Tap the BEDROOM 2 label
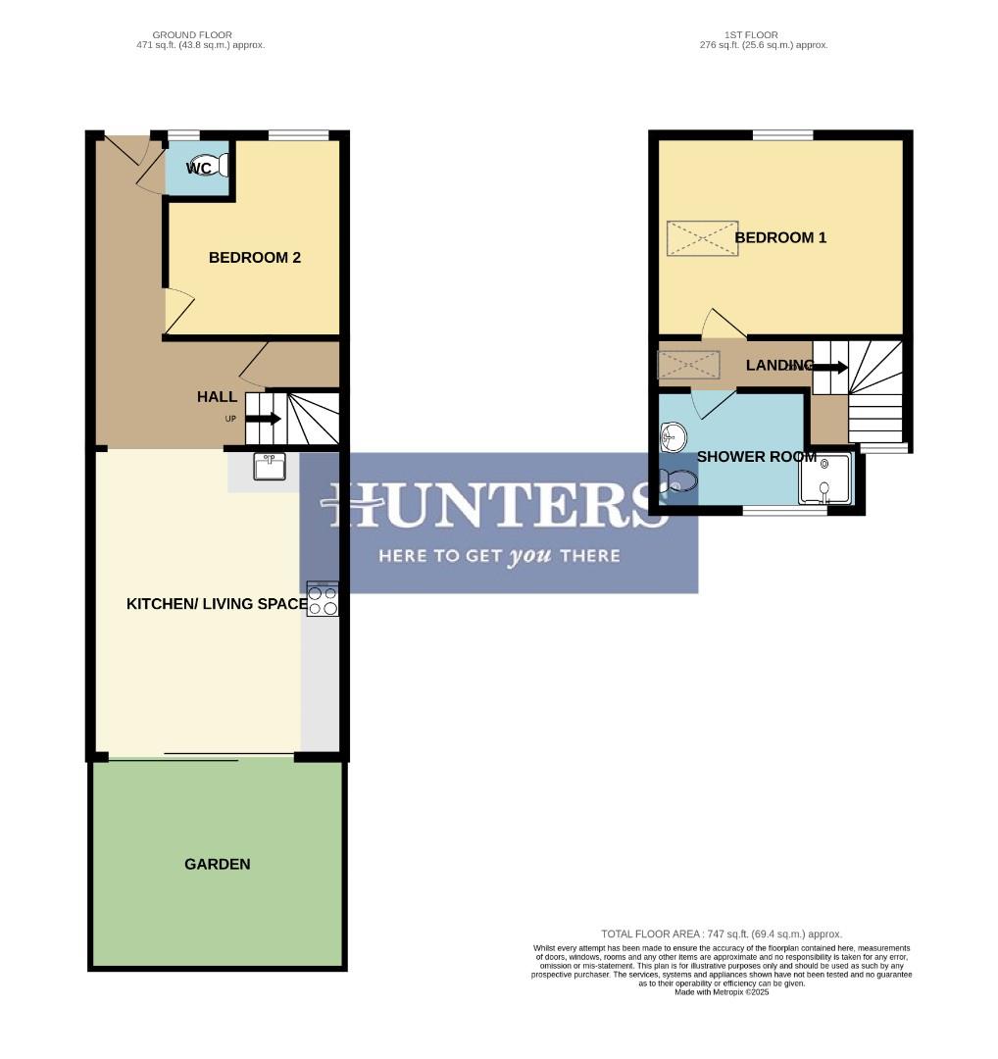[254, 258]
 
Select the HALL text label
[217, 397]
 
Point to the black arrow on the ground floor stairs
[263, 419]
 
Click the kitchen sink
[270, 467]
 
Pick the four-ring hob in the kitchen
[324, 599]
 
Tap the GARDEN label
[217, 864]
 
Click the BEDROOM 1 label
[780, 237]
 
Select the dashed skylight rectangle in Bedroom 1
[702, 238]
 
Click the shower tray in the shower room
[825, 479]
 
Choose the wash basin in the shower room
[673, 435]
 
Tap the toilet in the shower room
[678, 480]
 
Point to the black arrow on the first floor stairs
[829, 368]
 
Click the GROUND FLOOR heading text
[192, 35]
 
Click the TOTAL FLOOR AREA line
[721, 934]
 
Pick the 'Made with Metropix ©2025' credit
[722, 992]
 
